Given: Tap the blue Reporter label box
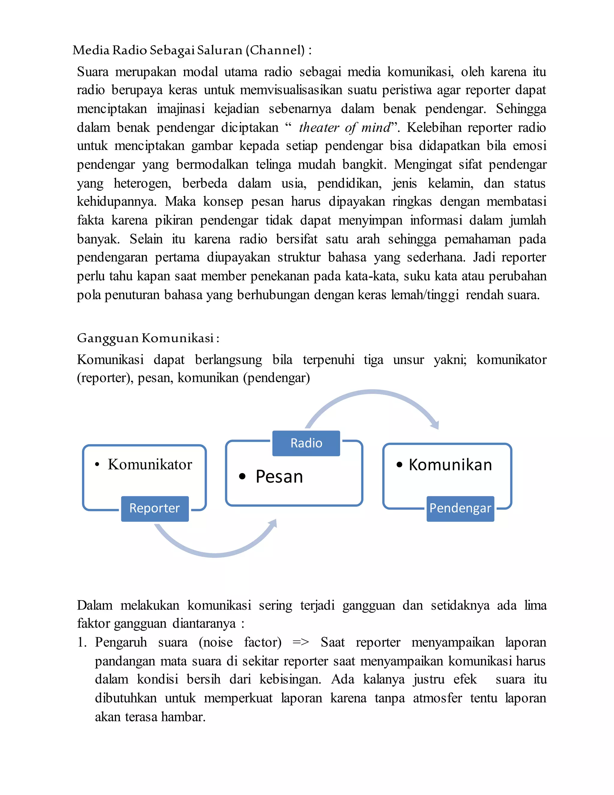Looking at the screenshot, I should [155, 508].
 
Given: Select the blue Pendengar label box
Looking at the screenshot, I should [460, 508].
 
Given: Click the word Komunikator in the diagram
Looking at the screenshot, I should [150, 464].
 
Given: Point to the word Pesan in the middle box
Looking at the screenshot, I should [279, 476].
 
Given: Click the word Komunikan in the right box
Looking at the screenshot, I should [450, 465].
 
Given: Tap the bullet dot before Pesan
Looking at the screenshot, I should [242, 476].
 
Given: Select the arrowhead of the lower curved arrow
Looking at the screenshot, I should [273, 524].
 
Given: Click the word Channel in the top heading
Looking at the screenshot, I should [275, 50].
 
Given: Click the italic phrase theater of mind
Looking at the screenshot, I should [344, 127].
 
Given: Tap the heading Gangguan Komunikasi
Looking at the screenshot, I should [148, 338].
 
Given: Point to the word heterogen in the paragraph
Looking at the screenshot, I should [142, 183].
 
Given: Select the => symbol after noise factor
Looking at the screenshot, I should [300, 642].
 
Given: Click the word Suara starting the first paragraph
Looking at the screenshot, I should [92, 72].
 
